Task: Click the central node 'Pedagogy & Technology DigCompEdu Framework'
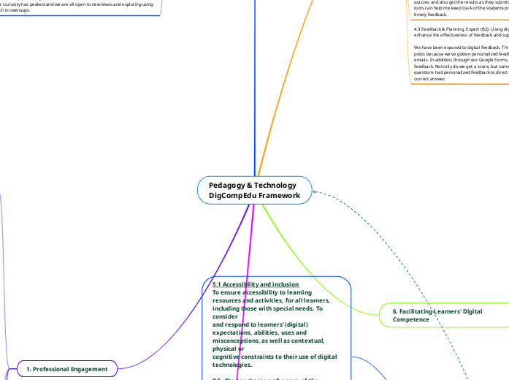[254, 190]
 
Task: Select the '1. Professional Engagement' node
[66, 370]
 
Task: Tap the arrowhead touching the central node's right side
[315, 192]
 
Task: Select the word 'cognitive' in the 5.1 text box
[226, 357]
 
